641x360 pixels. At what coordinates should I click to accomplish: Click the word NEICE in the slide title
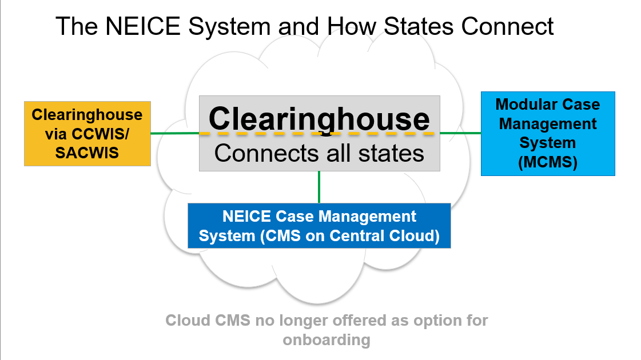pyautogui.click(x=143, y=26)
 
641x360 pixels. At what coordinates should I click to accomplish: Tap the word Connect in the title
pyautogui.click(x=507, y=26)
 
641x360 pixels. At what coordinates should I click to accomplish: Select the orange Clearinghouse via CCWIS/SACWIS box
pyautogui.click(x=87, y=134)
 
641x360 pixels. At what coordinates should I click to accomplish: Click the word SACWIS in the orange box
pyautogui.click(x=87, y=153)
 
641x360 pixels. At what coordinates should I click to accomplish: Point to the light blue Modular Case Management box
pyautogui.click(x=548, y=134)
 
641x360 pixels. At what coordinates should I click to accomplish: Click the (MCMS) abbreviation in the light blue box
pyautogui.click(x=548, y=162)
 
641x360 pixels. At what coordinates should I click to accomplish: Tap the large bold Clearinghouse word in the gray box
pyautogui.click(x=319, y=119)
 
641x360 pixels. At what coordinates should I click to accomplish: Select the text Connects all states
pyautogui.click(x=319, y=153)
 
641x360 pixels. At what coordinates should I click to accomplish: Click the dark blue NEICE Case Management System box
pyautogui.click(x=319, y=226)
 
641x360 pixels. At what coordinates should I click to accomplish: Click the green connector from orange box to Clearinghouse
pyautogui.click(x=175, y=133)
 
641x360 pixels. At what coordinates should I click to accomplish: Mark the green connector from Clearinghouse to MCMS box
pyautogui.click(x=461, y=133)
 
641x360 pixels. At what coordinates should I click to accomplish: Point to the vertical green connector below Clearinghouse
pyautogui.click(x=319, y=187)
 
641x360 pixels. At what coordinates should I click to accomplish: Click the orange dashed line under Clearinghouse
pyautogui.click(x=317, y=134)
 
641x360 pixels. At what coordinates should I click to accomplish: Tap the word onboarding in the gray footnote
pyautogui.click(x=327, y=340)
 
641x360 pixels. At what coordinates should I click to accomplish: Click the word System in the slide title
pyautogui.click(x=229, y=26)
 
